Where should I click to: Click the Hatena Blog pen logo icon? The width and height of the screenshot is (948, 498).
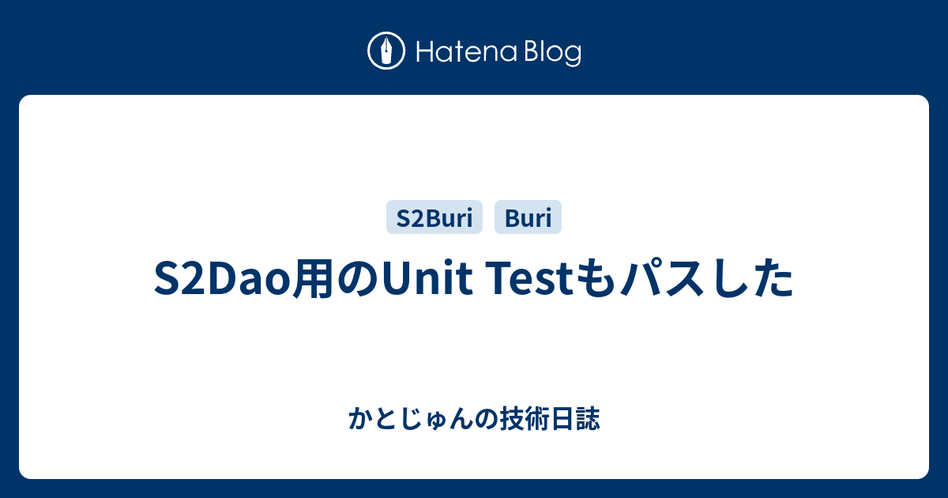point(386,51)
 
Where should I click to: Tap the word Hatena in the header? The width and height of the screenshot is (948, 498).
point(466,52)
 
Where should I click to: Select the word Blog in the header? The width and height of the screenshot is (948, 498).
point(553,53)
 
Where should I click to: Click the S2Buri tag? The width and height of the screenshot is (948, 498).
point(434,217)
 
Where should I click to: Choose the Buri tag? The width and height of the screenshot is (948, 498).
point(528,217)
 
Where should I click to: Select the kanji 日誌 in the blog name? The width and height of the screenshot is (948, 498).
point(575,418)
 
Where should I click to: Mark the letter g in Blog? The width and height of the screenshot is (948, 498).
point(573,56)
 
